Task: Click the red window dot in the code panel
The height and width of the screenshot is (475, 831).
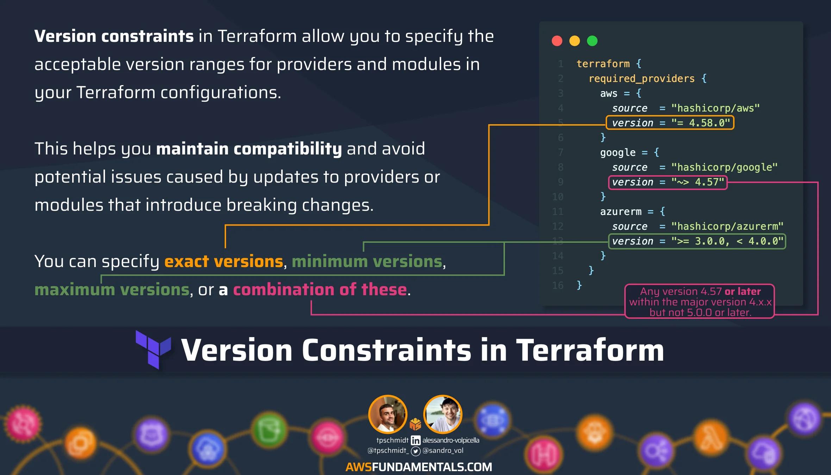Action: click(557, 41)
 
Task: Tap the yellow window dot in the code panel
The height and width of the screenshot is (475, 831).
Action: click(575, 41)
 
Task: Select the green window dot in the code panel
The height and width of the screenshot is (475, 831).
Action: click(592, 41)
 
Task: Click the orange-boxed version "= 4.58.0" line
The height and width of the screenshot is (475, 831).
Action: click(670, 123)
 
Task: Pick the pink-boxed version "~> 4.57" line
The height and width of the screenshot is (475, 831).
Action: click(668, 182)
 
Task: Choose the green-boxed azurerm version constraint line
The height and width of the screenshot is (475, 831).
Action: click(697, 241)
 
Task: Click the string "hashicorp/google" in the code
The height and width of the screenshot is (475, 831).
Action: click(724, 167)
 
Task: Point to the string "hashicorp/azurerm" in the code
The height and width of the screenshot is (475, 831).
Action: click(727, 226)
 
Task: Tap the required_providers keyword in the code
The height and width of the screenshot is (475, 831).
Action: click(642, 79)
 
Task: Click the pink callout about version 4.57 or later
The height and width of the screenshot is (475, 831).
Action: click(700, 302)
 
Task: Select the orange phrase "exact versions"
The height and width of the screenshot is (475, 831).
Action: click(224, 261)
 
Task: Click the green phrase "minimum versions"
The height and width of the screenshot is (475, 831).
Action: click(367, 261)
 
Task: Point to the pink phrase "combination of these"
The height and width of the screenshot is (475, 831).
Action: click(320, 290)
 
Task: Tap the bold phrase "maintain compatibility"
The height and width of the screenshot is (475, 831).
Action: click(249, 149)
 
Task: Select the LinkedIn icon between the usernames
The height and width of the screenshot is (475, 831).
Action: click(416, 441)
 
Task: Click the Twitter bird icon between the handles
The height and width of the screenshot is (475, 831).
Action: click(416, 451)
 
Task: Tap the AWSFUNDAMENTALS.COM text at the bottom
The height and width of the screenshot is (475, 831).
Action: click(419, 467)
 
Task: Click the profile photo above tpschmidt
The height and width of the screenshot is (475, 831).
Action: click(388, 414)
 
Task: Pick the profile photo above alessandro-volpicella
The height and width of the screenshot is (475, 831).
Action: click(443, 414)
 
